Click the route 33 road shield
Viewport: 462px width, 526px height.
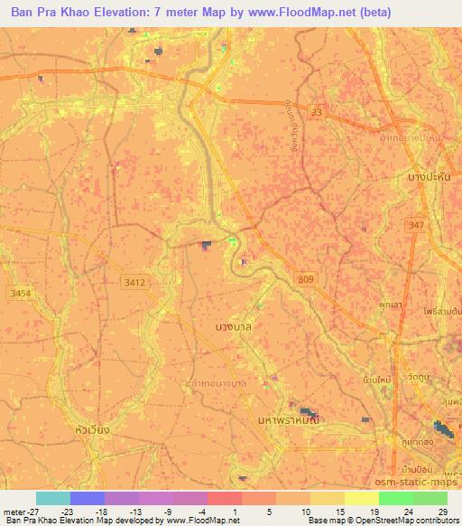pyautogui.click(x=315, y=111)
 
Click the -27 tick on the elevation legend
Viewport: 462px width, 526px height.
pyautogui.click(x=13, y=511)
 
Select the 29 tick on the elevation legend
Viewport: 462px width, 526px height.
pyautogui.click(x=442, y=511)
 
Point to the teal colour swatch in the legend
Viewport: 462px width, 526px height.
pyautogui.click(x=53, y=498)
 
